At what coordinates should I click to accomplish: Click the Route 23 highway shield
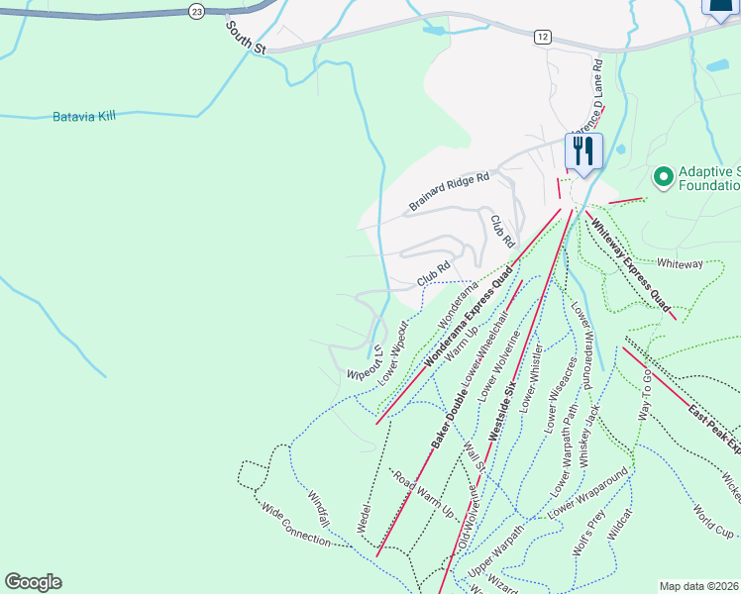[x=197, y=11]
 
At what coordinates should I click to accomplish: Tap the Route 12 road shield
[x=542, y=37]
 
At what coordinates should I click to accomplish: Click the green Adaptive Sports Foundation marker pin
[x=663, y=175]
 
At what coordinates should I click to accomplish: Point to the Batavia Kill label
[x=84, y=116]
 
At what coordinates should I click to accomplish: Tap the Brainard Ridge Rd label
[x=449, y=192]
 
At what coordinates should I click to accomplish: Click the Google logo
[x=33, y=582]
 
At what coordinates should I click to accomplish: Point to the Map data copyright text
[x=699, y=586]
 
